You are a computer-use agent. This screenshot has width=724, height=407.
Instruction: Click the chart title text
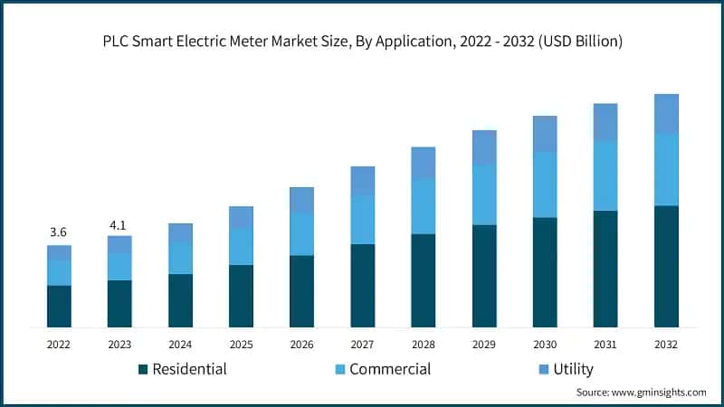(362, 42)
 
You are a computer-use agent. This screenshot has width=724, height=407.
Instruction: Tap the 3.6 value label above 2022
(59, 232)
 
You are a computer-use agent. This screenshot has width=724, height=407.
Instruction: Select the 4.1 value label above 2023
(119, 223)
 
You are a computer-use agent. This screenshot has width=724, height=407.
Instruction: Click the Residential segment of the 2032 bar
(666, 266)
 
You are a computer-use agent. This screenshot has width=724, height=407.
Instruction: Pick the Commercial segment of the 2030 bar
(545, 185)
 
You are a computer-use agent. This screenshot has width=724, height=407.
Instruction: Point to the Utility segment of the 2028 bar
(424, 163)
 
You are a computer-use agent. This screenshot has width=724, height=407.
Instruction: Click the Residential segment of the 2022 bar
(59, 306)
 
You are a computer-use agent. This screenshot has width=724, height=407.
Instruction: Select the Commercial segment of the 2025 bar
(241, 246)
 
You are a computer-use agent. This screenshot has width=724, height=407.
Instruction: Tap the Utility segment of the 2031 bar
(605, 122)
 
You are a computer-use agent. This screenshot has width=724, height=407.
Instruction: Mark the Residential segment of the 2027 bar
(362, 285)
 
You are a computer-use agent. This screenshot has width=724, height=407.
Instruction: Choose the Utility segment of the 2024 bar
(180, 232)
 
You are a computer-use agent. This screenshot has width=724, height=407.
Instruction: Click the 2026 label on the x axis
(301, 345)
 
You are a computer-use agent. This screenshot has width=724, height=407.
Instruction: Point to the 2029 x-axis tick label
(484, 345)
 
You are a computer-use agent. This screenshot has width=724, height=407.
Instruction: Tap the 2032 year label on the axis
(666, 345)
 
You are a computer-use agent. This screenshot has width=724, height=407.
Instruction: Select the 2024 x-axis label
(180, 345)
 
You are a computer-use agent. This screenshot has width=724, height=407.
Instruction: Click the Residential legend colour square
(142, 369)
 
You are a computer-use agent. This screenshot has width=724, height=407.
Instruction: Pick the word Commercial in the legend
(390, 369)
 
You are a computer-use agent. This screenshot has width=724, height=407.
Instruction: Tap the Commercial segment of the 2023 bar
(119, 267)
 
